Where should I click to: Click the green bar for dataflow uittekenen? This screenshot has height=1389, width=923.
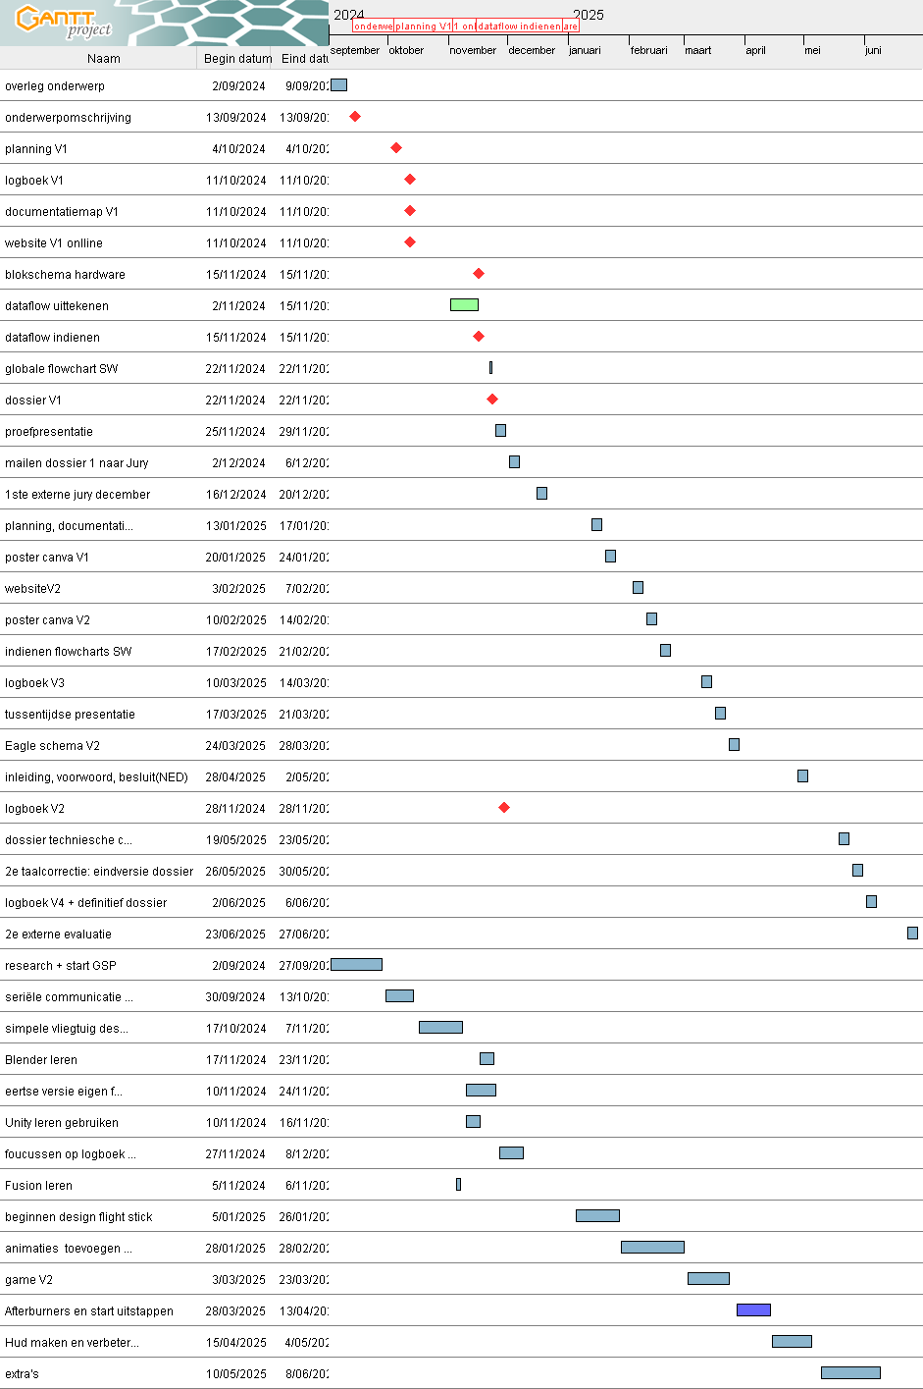pyautogui.click(x=464, y=305)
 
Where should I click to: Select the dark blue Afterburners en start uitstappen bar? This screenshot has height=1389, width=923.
pyautogui.click(x=753, y=1309)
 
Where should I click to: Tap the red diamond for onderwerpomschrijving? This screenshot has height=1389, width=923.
pyautogui.click(x=355, y=117)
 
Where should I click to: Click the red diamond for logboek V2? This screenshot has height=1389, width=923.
pyautogui.click(x=504, y=808)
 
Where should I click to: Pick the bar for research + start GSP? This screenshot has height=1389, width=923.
pyautogui.click(x=356, y=965)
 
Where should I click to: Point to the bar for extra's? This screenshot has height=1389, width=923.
pyautogui.click(x=850, y=1373)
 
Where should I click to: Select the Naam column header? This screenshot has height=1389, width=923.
pyautogui.click(x=103, y=59)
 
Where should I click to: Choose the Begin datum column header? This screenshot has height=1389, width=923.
pyautogui.click(x=237, y=59)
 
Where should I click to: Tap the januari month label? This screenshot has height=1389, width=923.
pyautogui.click(x=585, y=50)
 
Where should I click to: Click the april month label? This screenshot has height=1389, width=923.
pyautogui.click(x=755, y=50)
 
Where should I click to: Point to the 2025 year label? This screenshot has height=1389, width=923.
pyautogui.click(x=589, y=15)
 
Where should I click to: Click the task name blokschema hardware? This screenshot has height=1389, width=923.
pyautogui.click(x=65, y=275)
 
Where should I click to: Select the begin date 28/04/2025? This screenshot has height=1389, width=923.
pyautogui.click(x=235, y=777)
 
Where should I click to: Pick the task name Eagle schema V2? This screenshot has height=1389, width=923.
pyautogui.click(x=52, y=746)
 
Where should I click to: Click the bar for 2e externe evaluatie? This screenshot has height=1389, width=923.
pyautogui.click(x=912, y=934)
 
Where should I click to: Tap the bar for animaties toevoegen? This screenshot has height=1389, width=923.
pyautogui.click(x=652, y=1248)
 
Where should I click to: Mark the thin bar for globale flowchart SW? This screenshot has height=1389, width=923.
pyautogui.click(x=490, y=368)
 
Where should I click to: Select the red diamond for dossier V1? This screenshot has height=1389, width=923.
pyautogui.click(x=492, y=400)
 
